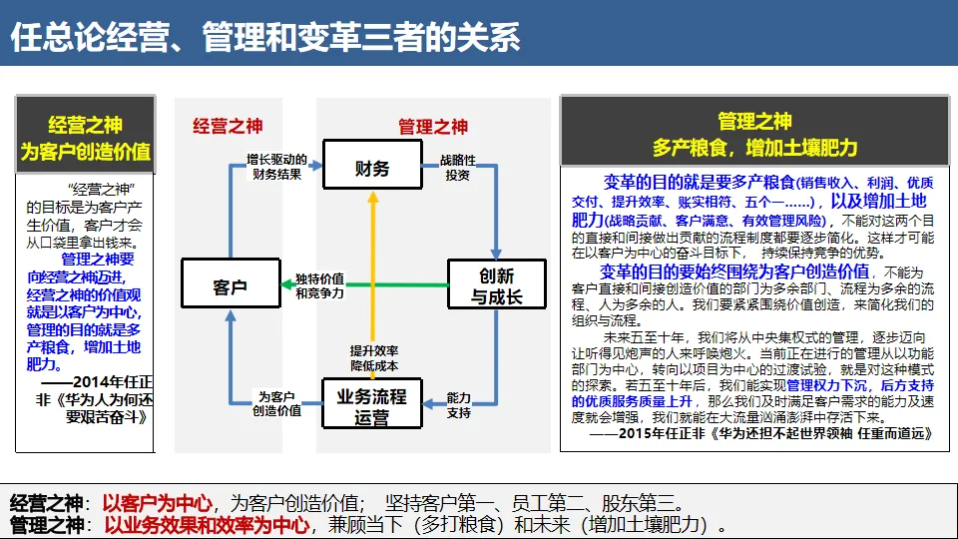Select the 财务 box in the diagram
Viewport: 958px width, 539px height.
tap(372, 169)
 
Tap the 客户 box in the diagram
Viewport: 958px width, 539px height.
tap(230, 287)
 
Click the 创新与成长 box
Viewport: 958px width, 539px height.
tap(496, 286)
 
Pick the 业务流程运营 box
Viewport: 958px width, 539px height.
tap(372, 406)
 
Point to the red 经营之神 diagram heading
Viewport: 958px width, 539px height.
tap(228, 127)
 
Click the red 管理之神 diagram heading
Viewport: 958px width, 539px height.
tap(433, 127)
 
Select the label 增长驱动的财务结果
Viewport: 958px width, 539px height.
tap(276, 168)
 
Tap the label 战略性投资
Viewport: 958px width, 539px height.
tap(458, 168)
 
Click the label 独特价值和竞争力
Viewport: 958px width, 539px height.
tap(320, 285)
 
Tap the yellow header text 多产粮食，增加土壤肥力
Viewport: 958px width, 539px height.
tap(754, 148)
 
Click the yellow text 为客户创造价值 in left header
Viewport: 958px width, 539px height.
tap(86, 152)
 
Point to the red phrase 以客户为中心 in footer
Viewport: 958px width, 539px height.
tap(158, 502)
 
